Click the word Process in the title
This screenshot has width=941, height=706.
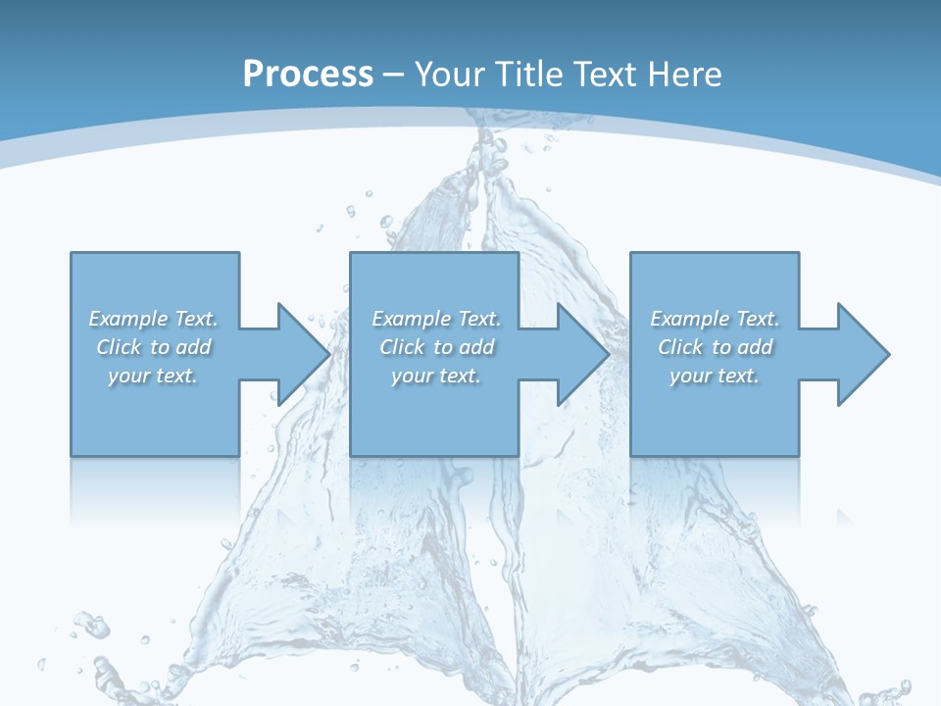308,74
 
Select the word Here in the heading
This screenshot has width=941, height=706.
685,74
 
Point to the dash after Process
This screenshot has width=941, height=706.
393,75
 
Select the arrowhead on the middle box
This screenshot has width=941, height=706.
582,354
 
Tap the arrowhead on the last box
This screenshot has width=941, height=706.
862,354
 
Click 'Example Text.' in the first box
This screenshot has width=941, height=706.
154,319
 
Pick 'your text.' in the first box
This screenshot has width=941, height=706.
154,376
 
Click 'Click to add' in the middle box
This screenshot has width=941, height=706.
436,347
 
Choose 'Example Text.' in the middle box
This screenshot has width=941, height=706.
436,319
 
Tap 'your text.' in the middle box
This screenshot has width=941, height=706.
436,376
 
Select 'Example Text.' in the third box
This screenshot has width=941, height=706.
715,319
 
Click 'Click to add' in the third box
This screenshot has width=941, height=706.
715,347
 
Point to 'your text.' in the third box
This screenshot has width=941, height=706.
715,376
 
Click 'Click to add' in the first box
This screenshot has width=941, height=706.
154,347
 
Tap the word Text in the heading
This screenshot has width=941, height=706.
608,74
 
